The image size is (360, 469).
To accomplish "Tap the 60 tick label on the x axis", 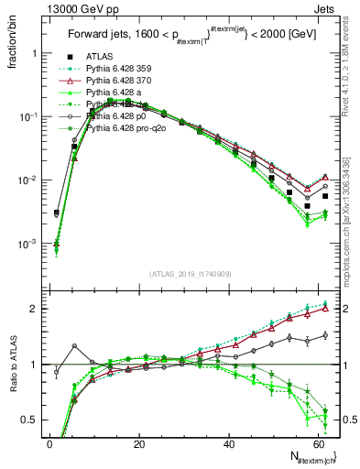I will pyautogui.click(x=317, y=443).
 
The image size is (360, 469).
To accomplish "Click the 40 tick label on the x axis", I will pyautogui.click(x=228, y=443).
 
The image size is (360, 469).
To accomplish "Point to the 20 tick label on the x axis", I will pyautogui.click(x=139, y=443).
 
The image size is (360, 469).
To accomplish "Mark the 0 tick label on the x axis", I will pyautogui.click(x=50, y=443).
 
